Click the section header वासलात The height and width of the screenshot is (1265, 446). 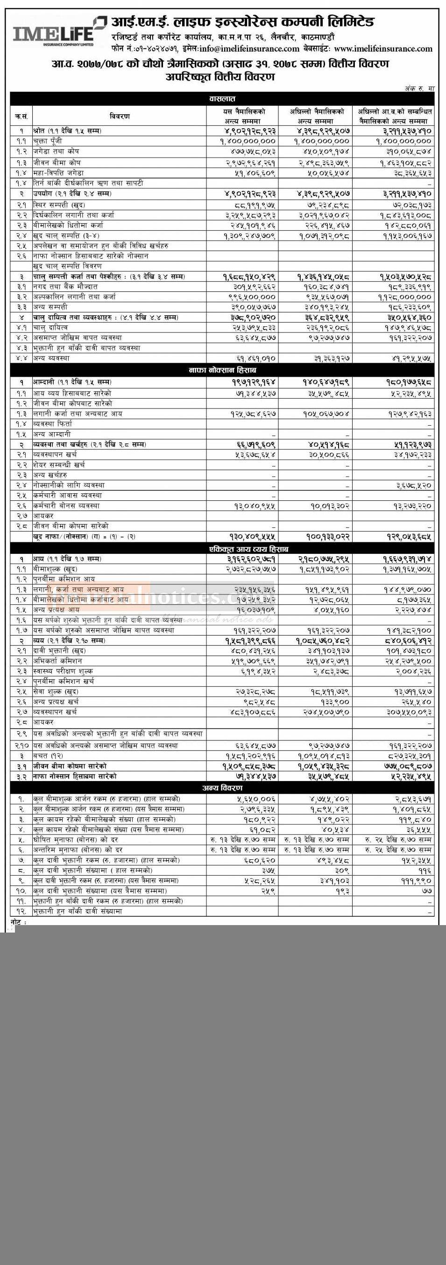(222, 99)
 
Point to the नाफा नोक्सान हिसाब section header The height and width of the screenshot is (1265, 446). (222, 369)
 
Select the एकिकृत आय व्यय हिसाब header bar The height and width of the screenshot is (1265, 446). (222, 548)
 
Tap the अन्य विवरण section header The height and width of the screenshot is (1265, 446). (222, 788)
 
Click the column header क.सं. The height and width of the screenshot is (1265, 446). (21, 117)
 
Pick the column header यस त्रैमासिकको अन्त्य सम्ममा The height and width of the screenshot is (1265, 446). (242, 117)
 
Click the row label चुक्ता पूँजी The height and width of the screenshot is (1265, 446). (49, 141)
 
